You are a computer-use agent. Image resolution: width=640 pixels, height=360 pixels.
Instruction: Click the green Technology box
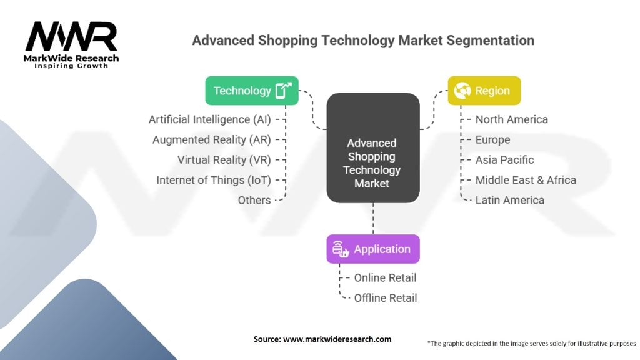[x=252, y=91]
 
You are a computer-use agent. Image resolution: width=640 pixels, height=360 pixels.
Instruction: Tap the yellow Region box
[x=484, y=91]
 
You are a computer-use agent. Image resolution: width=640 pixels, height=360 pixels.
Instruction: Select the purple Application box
[x=373, y=249]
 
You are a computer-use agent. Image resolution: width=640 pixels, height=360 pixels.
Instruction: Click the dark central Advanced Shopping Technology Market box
[x=373, y=147]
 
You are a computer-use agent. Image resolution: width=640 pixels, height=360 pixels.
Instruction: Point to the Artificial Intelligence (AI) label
[x=210, y=119]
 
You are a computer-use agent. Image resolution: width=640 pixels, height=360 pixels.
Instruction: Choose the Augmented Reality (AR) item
[x=212, y=139]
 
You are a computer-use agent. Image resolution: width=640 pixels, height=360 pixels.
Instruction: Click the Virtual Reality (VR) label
[x=224, y=160]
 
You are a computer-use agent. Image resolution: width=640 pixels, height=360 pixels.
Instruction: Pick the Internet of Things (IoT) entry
[x=214, y=180]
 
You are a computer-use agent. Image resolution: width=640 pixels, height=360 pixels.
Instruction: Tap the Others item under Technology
[x=254, y=201]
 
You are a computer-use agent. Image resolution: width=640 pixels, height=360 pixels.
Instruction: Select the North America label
[x=512, y=119]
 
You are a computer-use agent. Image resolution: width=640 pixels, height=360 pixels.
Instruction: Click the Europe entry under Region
[x=492, y=139]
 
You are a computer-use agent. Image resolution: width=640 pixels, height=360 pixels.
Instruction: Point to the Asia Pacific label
[x=504, y=160]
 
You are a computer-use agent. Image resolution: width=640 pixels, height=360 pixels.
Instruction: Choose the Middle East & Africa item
[x=526, y=180]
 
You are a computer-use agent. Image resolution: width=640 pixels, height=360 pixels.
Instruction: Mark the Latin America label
[x=510, y=201]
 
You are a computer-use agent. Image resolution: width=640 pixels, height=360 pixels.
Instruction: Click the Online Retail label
[x=385, y=278]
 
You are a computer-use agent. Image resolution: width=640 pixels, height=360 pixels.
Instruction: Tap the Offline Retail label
[x=385, y=298]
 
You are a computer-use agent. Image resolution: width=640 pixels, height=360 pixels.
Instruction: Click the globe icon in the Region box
[x=462, y=91]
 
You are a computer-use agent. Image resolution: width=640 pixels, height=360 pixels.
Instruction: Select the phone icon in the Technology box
[x=283, y=90]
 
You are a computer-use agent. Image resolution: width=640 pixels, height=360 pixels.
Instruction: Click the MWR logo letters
[x=71, y=37]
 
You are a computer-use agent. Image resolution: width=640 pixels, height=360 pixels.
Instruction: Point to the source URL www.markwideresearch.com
[x=337, y=339]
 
